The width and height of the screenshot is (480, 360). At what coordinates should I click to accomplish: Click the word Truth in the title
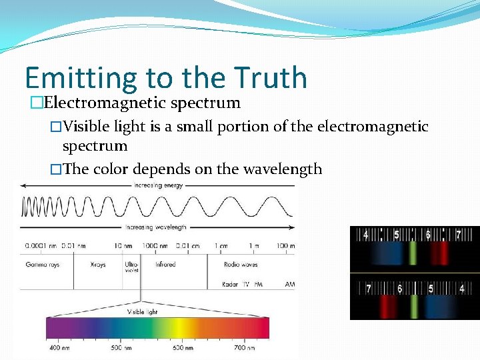pyautogui.click(x=271, y=78)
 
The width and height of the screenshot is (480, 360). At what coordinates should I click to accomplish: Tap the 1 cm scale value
pyautogui.click(x=221, y=246)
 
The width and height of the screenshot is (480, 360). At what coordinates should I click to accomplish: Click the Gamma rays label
pyautogui.click(x=41, y=265)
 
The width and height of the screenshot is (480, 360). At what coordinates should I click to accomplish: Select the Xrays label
pyautogui.click(x=98, y=265)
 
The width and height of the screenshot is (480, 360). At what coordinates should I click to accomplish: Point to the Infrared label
pyautogui.click(x=165, y=265)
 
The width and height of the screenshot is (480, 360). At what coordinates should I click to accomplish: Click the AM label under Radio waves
pyautogui.click(x=289, y=284)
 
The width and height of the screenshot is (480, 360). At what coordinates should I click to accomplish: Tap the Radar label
pyautogui.click(x=230, y=284)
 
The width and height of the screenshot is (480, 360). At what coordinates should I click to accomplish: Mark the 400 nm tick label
pyautogui.click(x=59, y=347)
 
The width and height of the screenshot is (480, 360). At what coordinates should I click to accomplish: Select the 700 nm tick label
pyautogui.click(x=245, y=347)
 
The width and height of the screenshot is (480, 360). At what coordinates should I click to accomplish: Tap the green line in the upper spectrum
pyautogui.click(x=413, y=253)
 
